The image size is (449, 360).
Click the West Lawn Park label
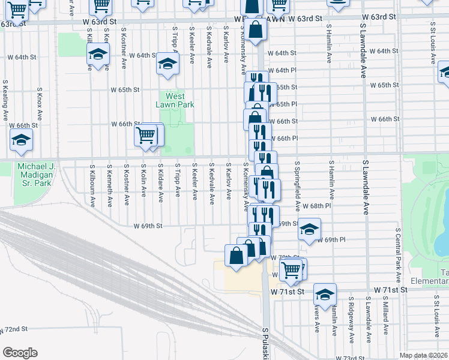pyautogui.click(x=175, y=100)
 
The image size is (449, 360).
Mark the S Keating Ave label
pyautogui.click(x=5, y=99)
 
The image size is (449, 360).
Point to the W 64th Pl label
pyautogui.click(x=282, y=70)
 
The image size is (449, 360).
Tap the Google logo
pyautogui.click(x=20, y=352)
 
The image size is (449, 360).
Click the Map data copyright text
pyautogui.click(x=424, y=355)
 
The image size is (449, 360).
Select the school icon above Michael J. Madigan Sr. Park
pyautogui.click(x=21, y=140)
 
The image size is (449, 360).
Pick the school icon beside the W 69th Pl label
pyautogui.click(x=309, y=229)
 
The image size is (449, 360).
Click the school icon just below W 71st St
pyautogui.click(x=325, y=295)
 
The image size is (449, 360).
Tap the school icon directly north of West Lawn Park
pyautogui.click(x=167, y=63)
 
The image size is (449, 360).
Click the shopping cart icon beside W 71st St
pyautogui.click(x=291, y=270)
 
